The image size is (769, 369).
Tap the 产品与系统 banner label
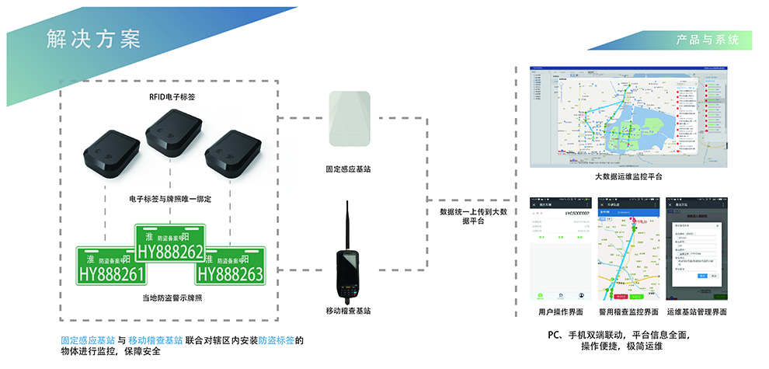tap(708, 39)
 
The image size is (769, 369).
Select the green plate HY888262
tap(170, 243)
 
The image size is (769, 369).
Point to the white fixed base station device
tap(348, 120)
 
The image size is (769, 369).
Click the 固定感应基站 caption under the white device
tap(348, 169)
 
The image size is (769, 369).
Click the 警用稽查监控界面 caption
tap(628, 312)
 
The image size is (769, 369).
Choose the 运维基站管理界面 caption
tap(697, 312)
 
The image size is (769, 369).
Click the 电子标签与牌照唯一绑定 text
tap(171, 200)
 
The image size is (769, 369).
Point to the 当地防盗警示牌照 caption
tap(171, 298)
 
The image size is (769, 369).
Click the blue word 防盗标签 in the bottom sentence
tap(277, 340)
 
